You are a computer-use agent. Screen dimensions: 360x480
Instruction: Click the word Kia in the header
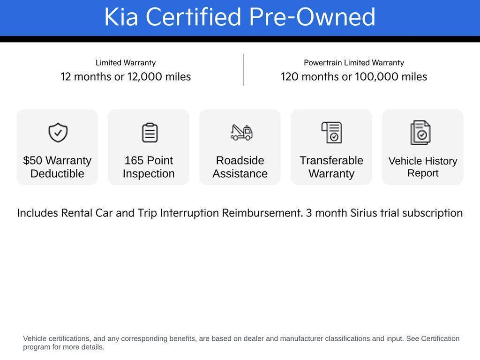(x=120, y=17)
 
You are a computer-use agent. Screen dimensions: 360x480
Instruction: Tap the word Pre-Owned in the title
(x=312, y=17)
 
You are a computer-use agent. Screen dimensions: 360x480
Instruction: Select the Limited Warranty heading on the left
(x=126, y=63)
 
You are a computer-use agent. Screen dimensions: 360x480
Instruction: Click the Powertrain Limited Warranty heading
(x=354, y=63)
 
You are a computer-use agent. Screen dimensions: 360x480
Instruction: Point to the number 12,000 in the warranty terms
(x=144, y=76)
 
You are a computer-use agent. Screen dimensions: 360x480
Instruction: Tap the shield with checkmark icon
(x=58, y=133)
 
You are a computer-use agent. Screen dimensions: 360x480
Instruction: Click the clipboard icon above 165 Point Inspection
(x=150, y=133)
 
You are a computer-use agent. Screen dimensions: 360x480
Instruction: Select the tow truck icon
(x=241, y=132)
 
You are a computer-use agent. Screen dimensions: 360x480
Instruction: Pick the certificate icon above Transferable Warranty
(x=332, y=133)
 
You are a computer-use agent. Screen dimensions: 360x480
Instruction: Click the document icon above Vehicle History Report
(x=420, y=133)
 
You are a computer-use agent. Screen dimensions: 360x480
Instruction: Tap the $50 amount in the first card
(x=33, y=160)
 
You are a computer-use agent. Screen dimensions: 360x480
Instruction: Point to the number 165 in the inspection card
(x=134, y=160)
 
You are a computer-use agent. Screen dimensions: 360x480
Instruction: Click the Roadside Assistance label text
(x=240, y=167)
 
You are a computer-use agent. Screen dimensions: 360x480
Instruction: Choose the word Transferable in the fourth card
(x=331, y=160)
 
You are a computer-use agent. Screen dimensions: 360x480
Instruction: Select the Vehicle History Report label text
(x=423, y=167)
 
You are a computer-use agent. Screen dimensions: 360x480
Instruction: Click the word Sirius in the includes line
(x=364, y=213)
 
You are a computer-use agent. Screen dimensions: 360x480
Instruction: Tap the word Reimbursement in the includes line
(x=262, y=213)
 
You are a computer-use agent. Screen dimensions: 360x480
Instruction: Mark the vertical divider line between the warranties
(x=244, y=70)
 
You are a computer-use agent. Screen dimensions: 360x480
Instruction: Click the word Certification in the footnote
(x=440, y=338)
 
